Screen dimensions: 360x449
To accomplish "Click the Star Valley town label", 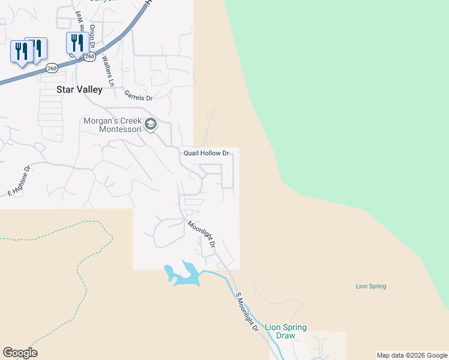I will click(79, 89).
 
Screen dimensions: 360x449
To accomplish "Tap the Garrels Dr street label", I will click(139, 95).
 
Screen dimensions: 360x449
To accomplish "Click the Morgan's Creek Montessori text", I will click(112, 125).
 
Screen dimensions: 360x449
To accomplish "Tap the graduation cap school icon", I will click(150, 124).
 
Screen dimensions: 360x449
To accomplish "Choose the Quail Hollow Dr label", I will click(206, 154).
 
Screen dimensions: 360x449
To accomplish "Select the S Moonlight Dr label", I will click(246, 312).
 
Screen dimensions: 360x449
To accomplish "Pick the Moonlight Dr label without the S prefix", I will click(201, 235).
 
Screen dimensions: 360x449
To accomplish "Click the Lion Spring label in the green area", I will click(371, 286).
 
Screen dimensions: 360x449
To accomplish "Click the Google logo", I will click(20, 353).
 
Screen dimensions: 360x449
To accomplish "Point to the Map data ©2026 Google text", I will click(412, 355).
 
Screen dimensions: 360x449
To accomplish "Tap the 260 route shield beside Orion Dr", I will click(89, 56).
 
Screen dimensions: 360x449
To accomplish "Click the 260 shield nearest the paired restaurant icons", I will click(52, 68).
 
